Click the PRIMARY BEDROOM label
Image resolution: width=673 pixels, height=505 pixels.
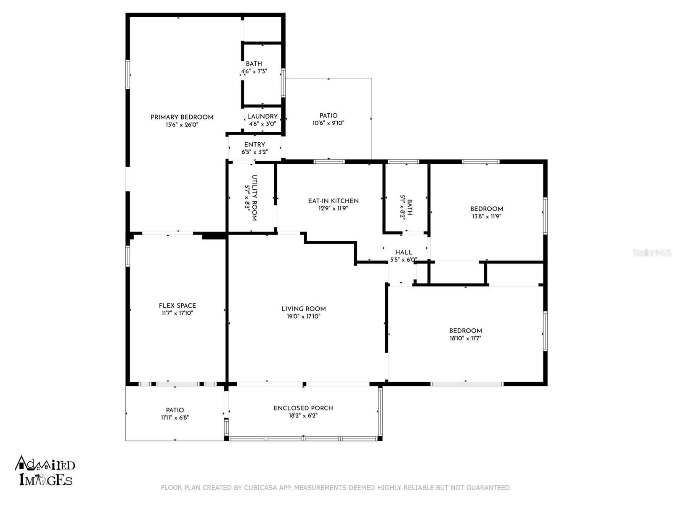182,117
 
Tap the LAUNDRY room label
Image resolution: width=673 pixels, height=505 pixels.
262,117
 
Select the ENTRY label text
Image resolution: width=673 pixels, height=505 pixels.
254,145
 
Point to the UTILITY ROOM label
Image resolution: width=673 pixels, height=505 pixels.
254,198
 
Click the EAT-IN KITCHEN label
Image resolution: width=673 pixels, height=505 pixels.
333,201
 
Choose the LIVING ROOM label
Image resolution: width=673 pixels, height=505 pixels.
304,309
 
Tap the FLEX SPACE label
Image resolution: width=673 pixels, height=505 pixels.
177,306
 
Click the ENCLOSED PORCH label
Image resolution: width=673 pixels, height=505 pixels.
303,408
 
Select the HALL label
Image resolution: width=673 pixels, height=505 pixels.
403,252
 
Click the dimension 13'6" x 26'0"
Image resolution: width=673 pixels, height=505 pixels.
182,125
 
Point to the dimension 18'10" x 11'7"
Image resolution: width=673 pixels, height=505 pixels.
466,338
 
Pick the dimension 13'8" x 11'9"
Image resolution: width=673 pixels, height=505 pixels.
487,216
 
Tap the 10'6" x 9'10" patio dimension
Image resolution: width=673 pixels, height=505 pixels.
329,123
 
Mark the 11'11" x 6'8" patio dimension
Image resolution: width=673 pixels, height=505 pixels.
175,417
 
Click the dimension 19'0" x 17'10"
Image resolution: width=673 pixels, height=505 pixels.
304,316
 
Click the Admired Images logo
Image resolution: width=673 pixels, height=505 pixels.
45,471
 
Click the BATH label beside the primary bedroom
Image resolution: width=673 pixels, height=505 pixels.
254,64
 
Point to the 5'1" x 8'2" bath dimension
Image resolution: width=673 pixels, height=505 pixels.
402,207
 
